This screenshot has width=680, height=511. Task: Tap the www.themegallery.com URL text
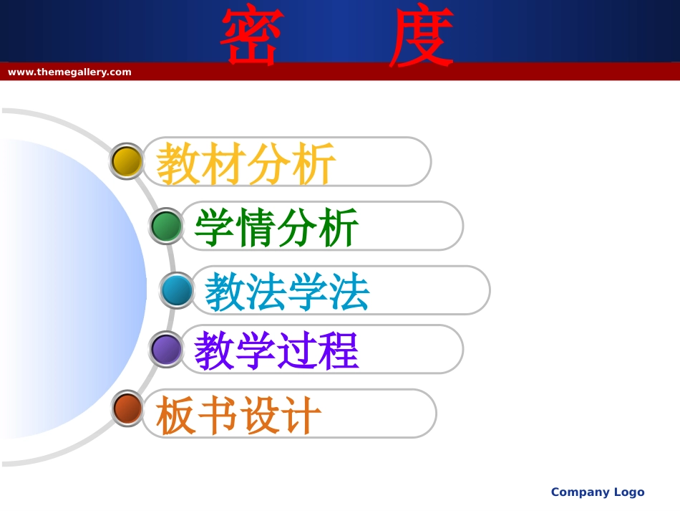tap(69, 72)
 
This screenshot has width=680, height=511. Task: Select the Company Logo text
tap(598, 492)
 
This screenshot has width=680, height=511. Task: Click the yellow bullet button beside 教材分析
tap(127, 161)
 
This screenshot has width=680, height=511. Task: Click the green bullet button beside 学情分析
tap(167, 226)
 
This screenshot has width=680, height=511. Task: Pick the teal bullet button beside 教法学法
tap(177, 290)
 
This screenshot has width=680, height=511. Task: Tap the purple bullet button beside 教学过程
tap(167, 349)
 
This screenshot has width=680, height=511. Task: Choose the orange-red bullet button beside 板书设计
tap(128, 409)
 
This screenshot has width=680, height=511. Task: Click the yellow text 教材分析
tap(246, 163)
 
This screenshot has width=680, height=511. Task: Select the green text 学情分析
tap(276, 228)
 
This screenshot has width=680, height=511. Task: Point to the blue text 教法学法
tap(287, 292)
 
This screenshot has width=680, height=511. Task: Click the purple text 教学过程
tap(276, 351)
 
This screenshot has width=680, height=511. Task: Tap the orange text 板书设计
tap(238, 415)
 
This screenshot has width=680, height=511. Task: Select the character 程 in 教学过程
tap(339, 351)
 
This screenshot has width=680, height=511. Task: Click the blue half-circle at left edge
tap(72, 287)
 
